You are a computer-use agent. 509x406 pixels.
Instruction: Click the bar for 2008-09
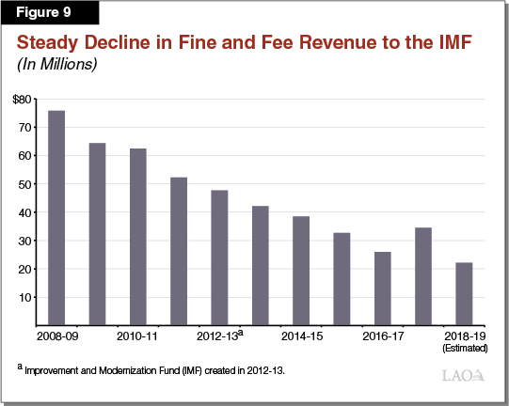(57, 218)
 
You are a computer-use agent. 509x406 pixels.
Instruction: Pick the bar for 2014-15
(301, 271)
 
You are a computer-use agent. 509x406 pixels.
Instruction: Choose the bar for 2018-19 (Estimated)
(464, 294)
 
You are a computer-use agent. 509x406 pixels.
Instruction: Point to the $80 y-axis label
(22, 99)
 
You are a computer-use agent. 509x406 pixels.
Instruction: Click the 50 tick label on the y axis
(24, 184)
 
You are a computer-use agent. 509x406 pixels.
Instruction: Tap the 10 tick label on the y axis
(24, 297)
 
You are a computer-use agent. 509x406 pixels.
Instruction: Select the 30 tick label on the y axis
(24, 241)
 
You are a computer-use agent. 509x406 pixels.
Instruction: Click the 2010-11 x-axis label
(138, 335)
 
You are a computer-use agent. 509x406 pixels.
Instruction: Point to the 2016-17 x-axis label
(383, 335)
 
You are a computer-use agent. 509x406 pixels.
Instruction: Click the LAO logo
(464, 376)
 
